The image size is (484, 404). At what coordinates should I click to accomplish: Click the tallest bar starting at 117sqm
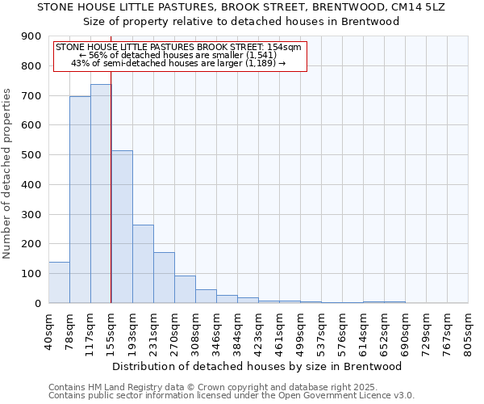pos(101,194)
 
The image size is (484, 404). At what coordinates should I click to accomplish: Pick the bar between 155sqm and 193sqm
pos(122,227)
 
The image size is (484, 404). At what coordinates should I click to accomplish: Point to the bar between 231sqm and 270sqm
pos(164,278)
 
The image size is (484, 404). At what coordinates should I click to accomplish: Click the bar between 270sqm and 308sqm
pos(185,289)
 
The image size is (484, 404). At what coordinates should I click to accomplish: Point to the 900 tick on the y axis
pos(31,36)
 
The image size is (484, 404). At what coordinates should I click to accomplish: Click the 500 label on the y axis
pos(31,155)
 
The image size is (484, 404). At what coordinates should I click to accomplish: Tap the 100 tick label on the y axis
pos(31,274)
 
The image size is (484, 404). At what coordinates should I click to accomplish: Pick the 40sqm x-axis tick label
pos(48,328)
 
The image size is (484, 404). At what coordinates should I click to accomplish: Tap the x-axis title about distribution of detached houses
pos(258,366)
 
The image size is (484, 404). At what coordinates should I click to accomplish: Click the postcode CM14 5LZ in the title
pos(418,6)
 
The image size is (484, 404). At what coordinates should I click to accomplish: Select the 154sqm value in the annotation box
pos(287,48)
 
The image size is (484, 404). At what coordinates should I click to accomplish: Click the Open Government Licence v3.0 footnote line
pos(232,396)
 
